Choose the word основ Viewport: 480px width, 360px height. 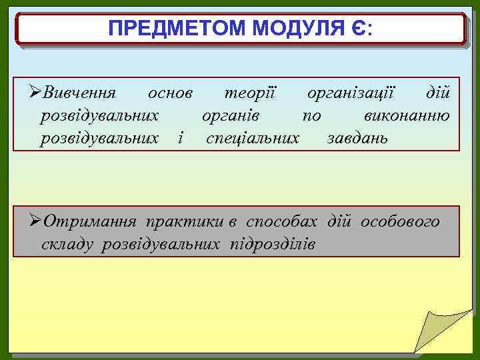tap(171, 92)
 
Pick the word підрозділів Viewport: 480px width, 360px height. tap(273, 244)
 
